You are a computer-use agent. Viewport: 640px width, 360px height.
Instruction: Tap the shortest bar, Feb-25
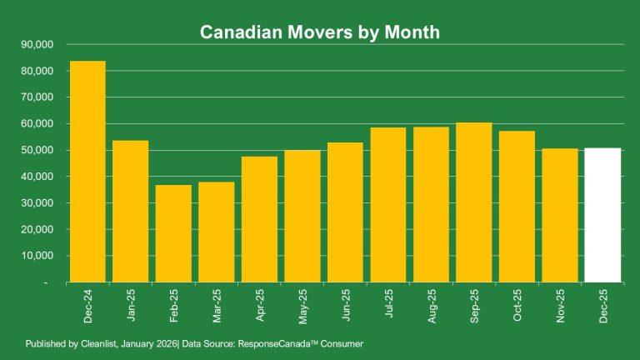tap(173, 233)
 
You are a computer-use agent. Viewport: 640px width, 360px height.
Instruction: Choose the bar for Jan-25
tap(131, 212)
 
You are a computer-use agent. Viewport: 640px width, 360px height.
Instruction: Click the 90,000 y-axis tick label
tap(36, 44)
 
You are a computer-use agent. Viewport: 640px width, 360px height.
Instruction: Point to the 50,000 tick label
tap(36, 150)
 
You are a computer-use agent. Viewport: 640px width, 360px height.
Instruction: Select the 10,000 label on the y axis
tap(36, 256)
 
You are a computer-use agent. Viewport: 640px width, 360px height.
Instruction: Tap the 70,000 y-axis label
tap(36, 97)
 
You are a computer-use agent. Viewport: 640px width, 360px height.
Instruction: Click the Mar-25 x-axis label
tap(217, 307)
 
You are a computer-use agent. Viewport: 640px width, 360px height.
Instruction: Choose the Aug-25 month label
tap(431, 307)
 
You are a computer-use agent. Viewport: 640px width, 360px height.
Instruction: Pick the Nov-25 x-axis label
tap(559, 307)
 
